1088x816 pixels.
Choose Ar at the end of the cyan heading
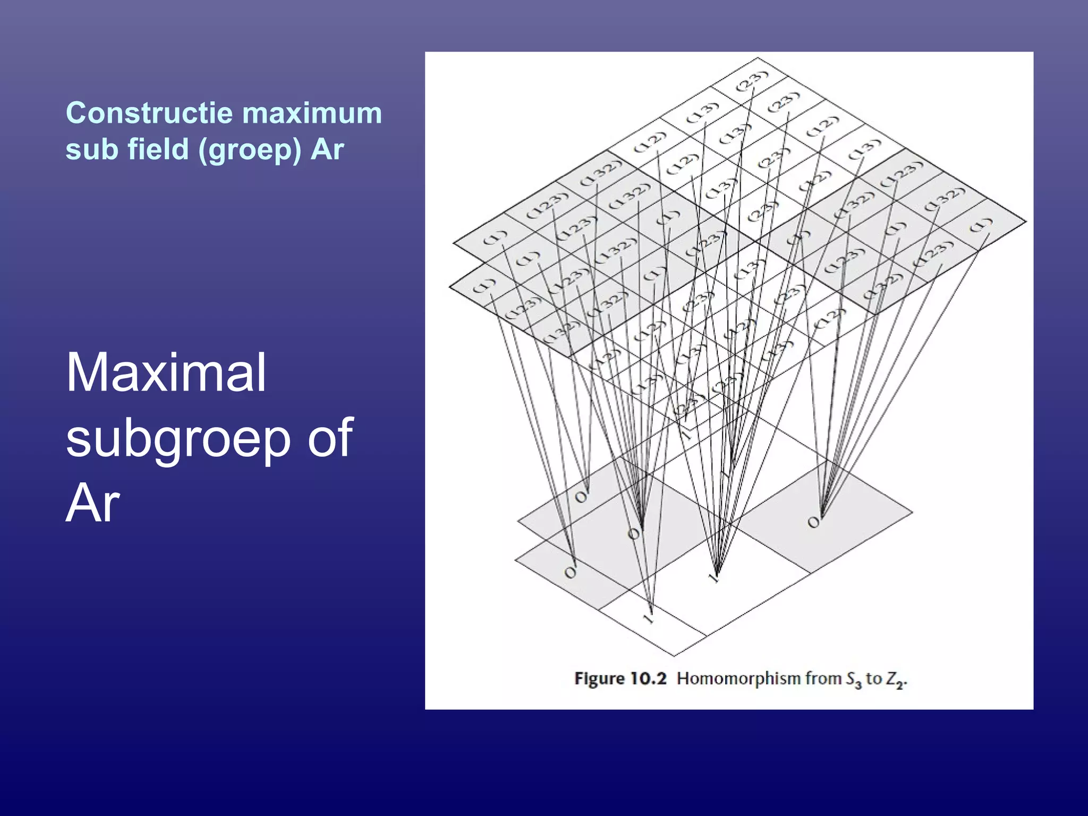tap(327, 149)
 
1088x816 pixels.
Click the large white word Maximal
tap(166, 373)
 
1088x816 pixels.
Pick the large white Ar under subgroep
tap(92, 504)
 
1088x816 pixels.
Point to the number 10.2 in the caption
tap(648, 679)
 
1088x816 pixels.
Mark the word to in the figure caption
tap(873, 679)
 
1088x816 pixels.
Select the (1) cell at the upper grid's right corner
tap(980, 225)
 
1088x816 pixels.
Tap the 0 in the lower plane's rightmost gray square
tap(813, 523)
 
